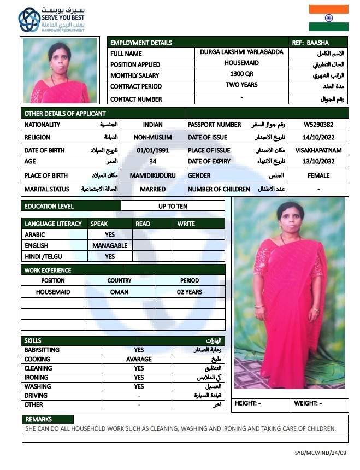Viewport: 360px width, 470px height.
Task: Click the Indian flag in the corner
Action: coord(328,18)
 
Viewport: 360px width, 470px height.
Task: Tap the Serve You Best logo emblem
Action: coord(29,20)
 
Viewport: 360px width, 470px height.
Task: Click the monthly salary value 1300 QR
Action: coord(241,74)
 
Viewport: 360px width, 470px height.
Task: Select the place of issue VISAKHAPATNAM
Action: coord(318,150)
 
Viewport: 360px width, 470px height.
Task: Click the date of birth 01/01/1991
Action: coord(152,150)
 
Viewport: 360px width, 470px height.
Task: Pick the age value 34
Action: coord(152,162)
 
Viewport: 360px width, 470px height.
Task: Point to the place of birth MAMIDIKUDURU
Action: coord(152,176)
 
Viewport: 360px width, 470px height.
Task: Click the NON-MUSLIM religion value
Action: coord(152,138)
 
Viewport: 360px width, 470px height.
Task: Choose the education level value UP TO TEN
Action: coord(173,206)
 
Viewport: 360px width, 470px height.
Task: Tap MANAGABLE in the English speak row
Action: coord(110,246)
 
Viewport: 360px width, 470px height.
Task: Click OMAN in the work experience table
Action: coord(119,292)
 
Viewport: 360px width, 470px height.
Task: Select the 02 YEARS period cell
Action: coord(189,292)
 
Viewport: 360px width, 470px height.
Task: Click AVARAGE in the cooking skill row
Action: coord(139,360)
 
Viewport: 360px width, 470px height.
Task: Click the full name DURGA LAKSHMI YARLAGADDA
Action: coord(241,52)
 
